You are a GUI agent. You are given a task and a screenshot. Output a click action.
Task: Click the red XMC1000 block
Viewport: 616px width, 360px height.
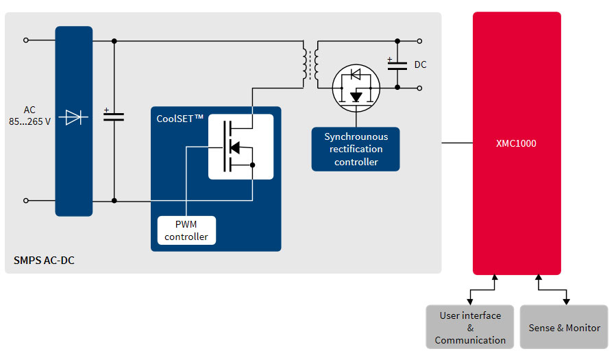[x=517, y=143]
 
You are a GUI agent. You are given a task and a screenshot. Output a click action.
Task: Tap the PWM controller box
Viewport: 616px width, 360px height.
[x=186, y=230]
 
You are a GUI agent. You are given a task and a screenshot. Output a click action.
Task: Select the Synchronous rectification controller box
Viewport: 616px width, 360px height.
[x=356, y=149]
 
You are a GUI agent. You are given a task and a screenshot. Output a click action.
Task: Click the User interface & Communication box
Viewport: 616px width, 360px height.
[x=470, y=327]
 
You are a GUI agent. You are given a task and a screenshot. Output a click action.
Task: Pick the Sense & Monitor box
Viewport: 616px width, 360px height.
[x=564, y=327]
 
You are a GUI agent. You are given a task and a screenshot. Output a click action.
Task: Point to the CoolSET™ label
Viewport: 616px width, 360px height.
[x=180, y=119]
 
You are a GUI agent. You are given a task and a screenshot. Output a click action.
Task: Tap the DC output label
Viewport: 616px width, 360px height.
[x=420, y=64]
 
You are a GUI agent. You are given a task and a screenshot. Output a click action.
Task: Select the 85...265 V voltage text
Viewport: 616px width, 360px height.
[x=29, y=122]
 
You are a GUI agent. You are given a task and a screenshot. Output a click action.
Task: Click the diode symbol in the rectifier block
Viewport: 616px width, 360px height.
[x=73, y=117]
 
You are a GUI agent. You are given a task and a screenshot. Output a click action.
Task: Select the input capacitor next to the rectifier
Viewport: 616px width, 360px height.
[x=114, y=116]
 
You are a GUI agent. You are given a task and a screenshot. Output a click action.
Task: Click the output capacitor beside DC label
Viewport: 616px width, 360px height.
[x=397, y=64]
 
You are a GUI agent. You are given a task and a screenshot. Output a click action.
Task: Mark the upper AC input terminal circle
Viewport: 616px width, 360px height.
[x=26, y=40]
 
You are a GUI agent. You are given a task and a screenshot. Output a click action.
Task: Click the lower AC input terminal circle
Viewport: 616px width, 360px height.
[x=26, y=201]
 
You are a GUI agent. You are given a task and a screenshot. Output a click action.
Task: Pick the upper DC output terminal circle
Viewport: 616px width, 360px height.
[x=420, y=41]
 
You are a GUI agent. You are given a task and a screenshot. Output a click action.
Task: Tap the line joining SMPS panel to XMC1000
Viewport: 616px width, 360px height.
[x=457, y=143]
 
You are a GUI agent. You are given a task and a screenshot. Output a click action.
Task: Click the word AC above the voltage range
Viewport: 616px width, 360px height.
[x=29, y=110]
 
